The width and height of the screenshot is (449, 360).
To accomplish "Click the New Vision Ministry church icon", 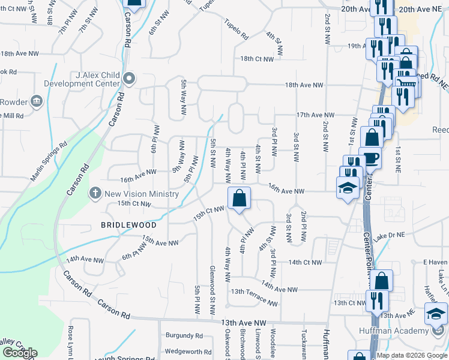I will (x=94, y=193).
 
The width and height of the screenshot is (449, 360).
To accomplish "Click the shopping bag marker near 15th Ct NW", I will (x=239, y=197).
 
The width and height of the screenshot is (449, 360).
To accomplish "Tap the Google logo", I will (x=20, y=353).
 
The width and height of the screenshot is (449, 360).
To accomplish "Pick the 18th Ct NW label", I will (x=257, y=59).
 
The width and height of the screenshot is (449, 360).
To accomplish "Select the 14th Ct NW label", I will (x=305, y=262).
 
